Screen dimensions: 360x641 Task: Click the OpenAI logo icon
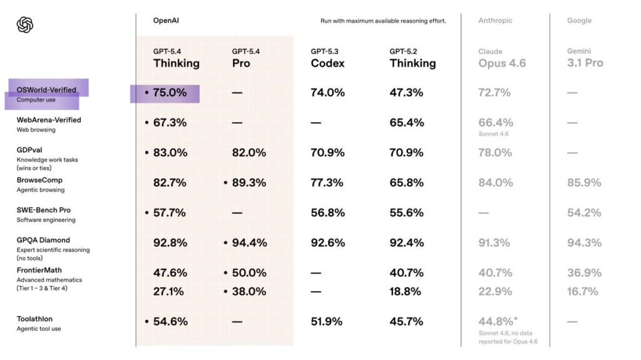(x=25, y=25)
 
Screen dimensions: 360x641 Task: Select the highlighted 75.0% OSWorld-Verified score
(x=170, y=93)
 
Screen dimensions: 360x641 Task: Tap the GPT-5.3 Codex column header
(x=327, y=58)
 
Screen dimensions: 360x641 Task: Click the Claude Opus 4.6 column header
(x=502, y=58)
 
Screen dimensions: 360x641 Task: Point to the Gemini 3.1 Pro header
(x=585, y=58)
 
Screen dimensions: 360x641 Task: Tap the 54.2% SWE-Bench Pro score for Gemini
(x=584, y=213)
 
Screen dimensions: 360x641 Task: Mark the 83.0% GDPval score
(x=170, y=153)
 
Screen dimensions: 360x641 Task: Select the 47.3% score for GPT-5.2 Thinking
(x=406, y=93)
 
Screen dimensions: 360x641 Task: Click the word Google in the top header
(x=579, y=21)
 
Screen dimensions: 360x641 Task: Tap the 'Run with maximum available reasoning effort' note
(x=383, y=21)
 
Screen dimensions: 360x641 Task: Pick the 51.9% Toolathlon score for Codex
(x=327, y=322)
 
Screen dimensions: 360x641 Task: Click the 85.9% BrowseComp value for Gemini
(x=584, y=183)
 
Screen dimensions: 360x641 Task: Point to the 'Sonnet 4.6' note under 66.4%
(x=494, y=134)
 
